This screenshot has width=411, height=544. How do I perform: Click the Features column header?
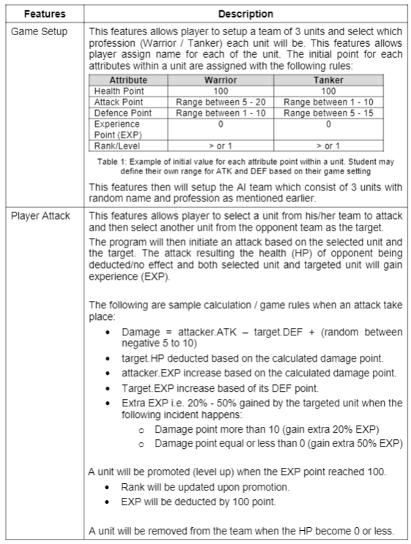coord(42,14)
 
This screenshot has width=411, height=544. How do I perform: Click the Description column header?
coord(245,14)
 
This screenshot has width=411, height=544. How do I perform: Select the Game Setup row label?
coord(42,32)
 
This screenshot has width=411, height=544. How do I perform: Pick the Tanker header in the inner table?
coord(318,80)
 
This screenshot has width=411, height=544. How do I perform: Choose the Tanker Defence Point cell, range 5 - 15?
coord(318,113)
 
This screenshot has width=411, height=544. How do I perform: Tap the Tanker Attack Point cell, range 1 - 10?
coord(318,102)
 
